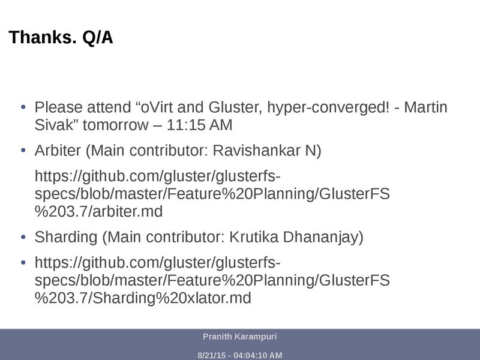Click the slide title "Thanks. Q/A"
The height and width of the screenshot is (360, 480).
tap(61, 38)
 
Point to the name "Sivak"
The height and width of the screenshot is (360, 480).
tap(53, 125)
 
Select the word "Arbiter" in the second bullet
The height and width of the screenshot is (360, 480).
tap(58, 151)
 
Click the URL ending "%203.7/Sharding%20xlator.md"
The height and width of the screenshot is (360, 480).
tap(143, 298)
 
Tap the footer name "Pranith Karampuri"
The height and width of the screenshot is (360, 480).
tap(239, 337)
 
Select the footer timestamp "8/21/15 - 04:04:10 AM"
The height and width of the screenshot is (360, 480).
tap(239, 355)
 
